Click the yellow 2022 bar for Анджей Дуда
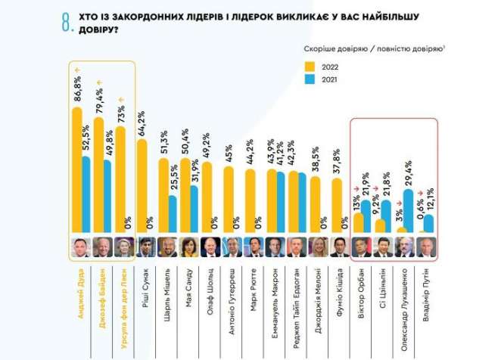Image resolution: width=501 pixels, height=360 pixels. pyautogui.click(x=76, y=170)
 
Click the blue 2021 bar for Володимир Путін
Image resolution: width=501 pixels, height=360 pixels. pyautogui.click(x=428, y=224)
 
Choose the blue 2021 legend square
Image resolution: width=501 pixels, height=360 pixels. pyautogui.click(x=311, y=78)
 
